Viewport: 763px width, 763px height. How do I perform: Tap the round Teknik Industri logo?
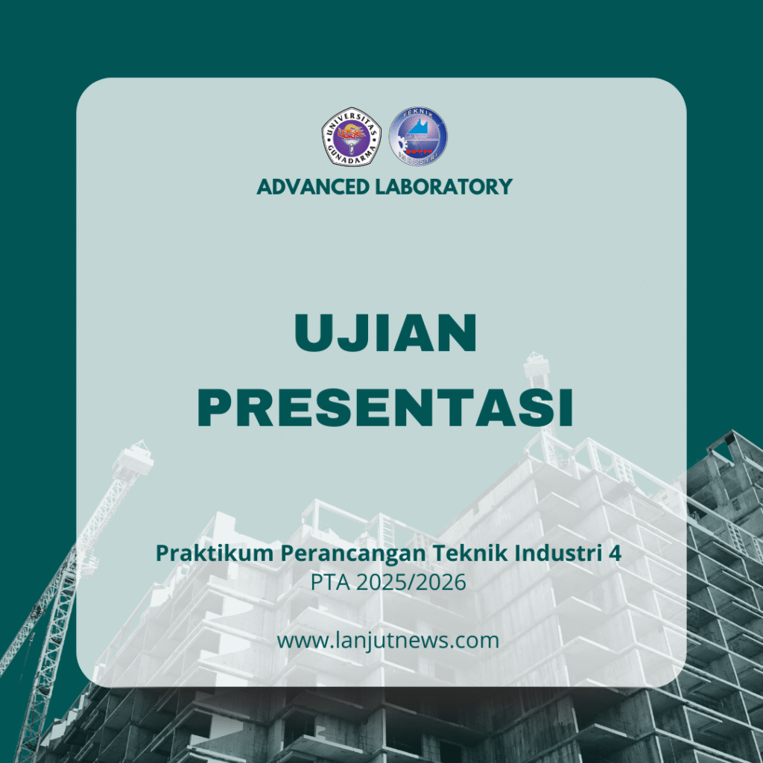coord(418,136)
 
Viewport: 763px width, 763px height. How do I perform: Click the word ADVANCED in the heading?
coord(312,187)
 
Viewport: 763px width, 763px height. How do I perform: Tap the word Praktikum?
coord(215,554)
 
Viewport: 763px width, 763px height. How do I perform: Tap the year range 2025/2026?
coord(411,583)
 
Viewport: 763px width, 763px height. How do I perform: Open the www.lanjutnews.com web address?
coord(387,640)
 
